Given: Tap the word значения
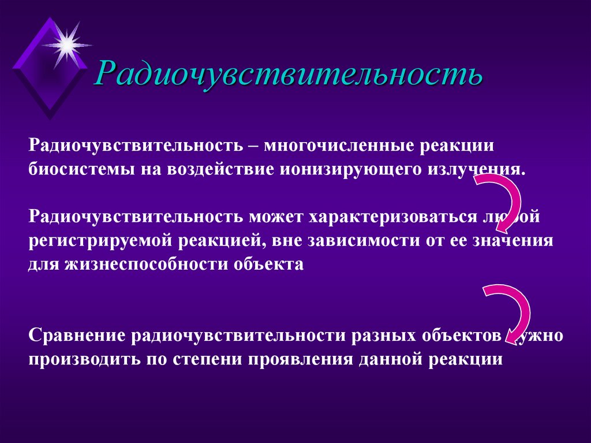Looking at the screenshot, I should point(513,241).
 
